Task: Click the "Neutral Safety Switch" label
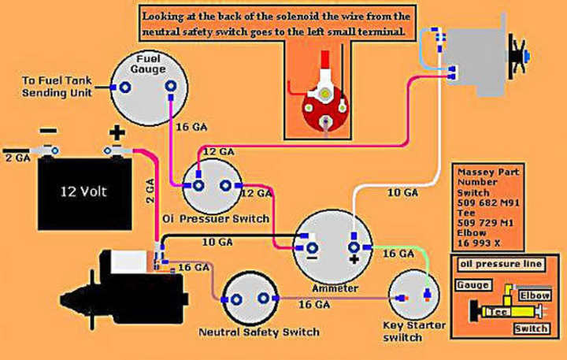(259, 332)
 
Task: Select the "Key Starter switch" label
(414, 331)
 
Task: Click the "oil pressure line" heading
(500, 264)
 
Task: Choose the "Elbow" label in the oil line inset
(535, 295)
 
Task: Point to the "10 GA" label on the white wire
(402, 191)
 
